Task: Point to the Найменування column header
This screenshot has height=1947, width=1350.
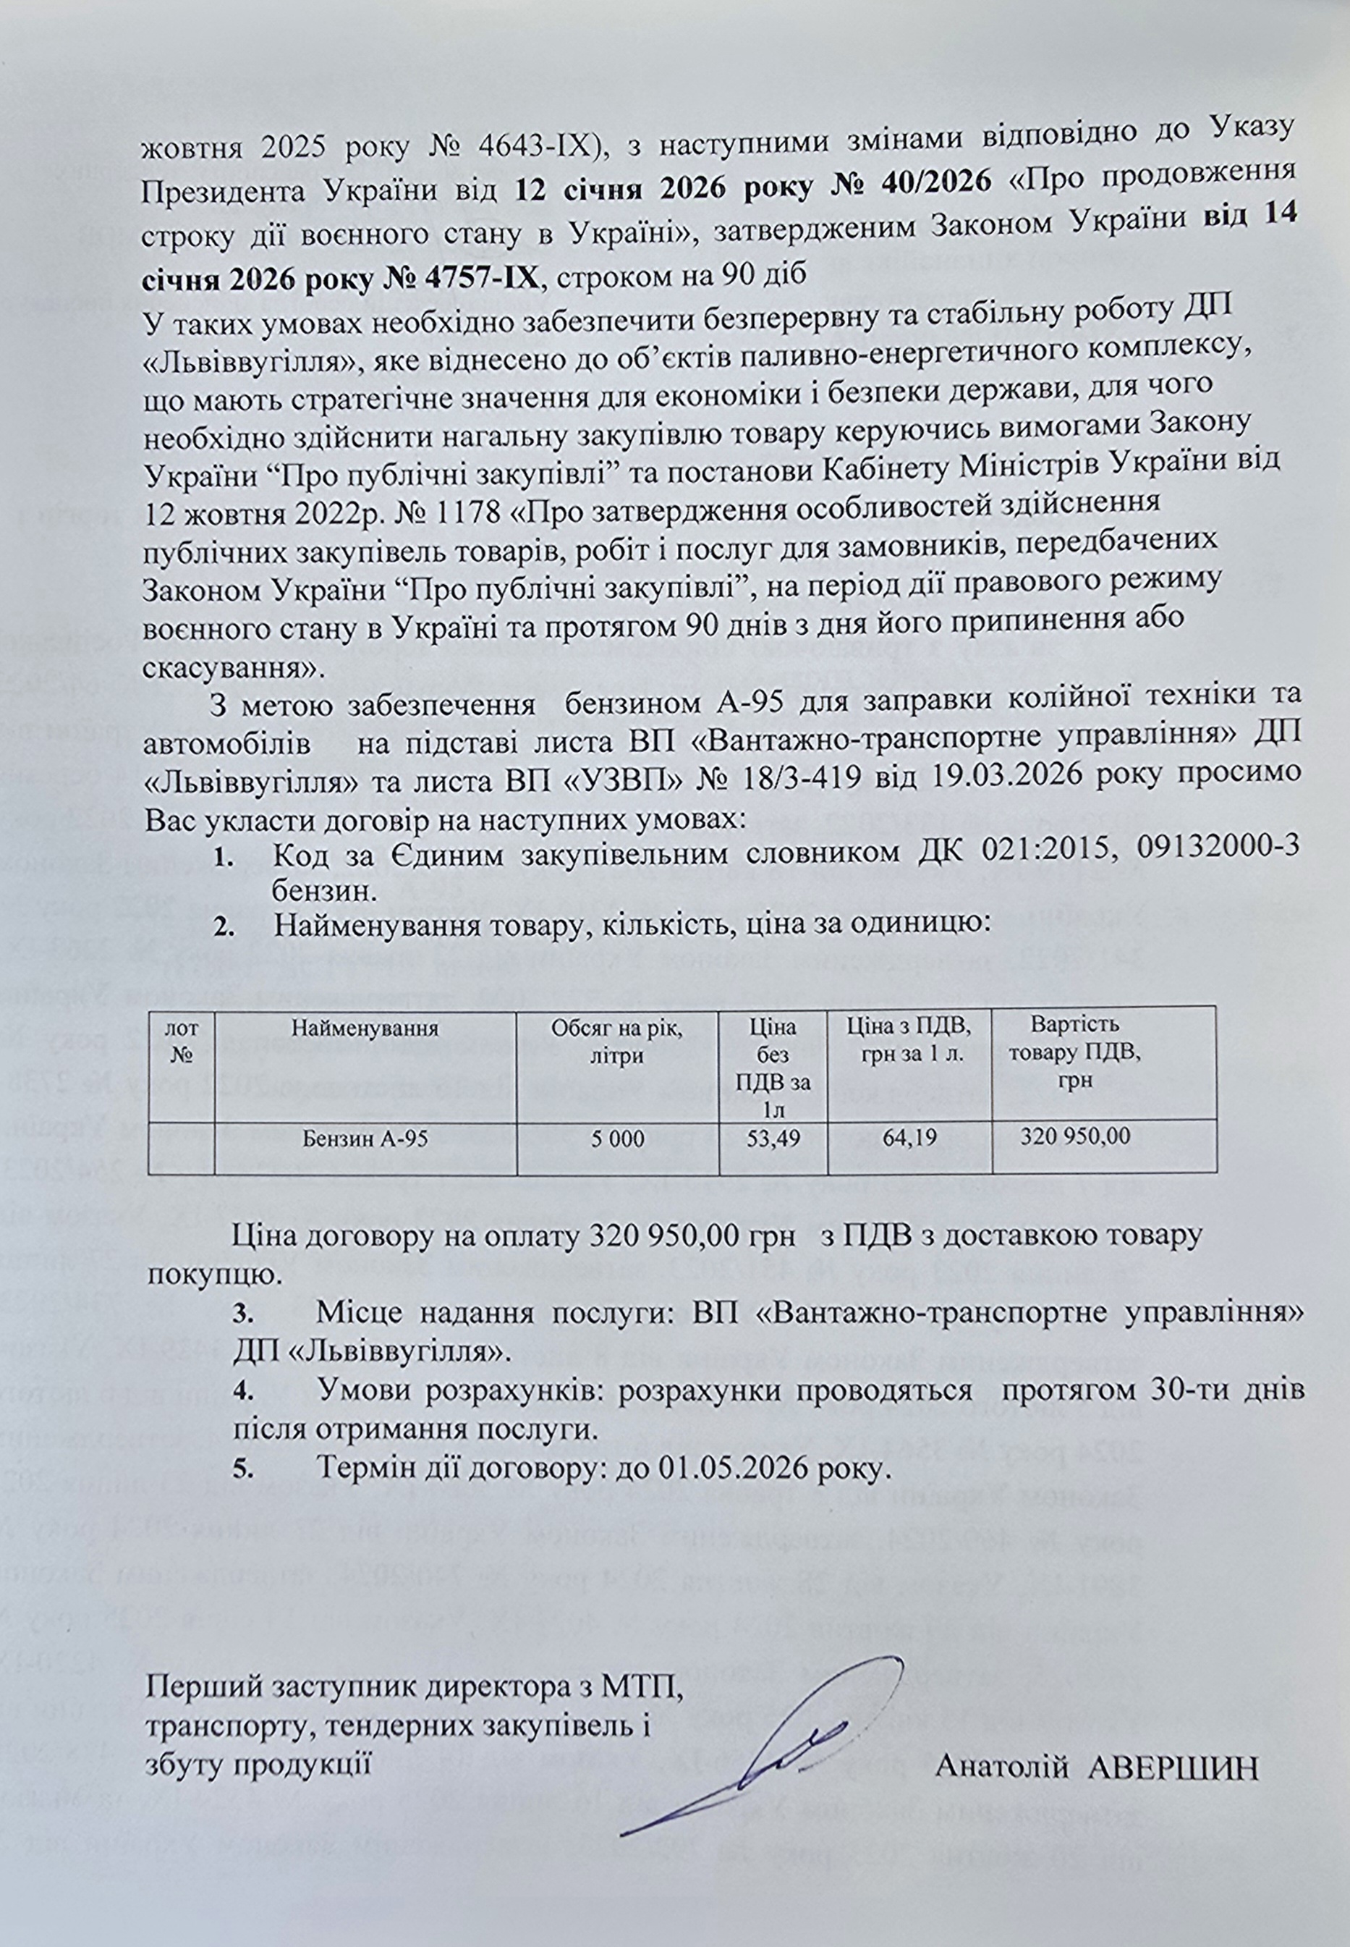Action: [365, 1030]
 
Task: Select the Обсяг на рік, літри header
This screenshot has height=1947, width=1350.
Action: [617, 1042]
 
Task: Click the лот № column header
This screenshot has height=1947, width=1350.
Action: [182, 1042]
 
